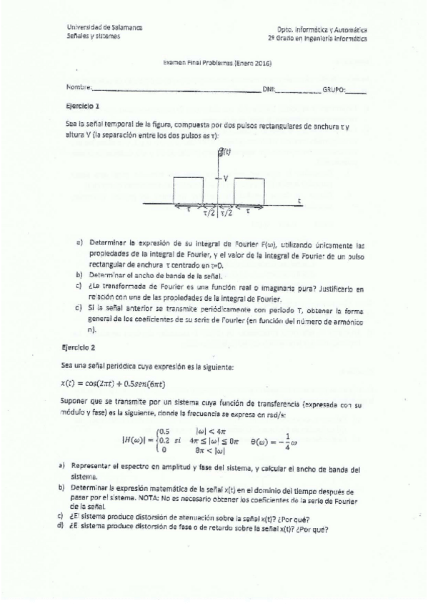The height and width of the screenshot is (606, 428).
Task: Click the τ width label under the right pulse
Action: pyautogui.click(x=248, y=211)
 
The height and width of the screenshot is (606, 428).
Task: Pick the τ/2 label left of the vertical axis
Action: pyautogui.click(x=209, y=212)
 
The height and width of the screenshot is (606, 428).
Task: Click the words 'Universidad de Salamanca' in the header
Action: pyautogui.click(x=104, y=27)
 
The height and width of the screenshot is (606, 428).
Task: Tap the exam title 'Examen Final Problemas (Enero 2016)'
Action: pyautogui.click(x=217, y=62)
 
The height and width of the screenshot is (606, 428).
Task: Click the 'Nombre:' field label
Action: pyautogui.click(x=79, y=88)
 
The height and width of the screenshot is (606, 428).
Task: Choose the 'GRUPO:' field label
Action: pyautogui.click(x=334, y=89)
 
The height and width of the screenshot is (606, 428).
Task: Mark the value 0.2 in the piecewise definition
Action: pyautogui.click(x=164, y=440)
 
